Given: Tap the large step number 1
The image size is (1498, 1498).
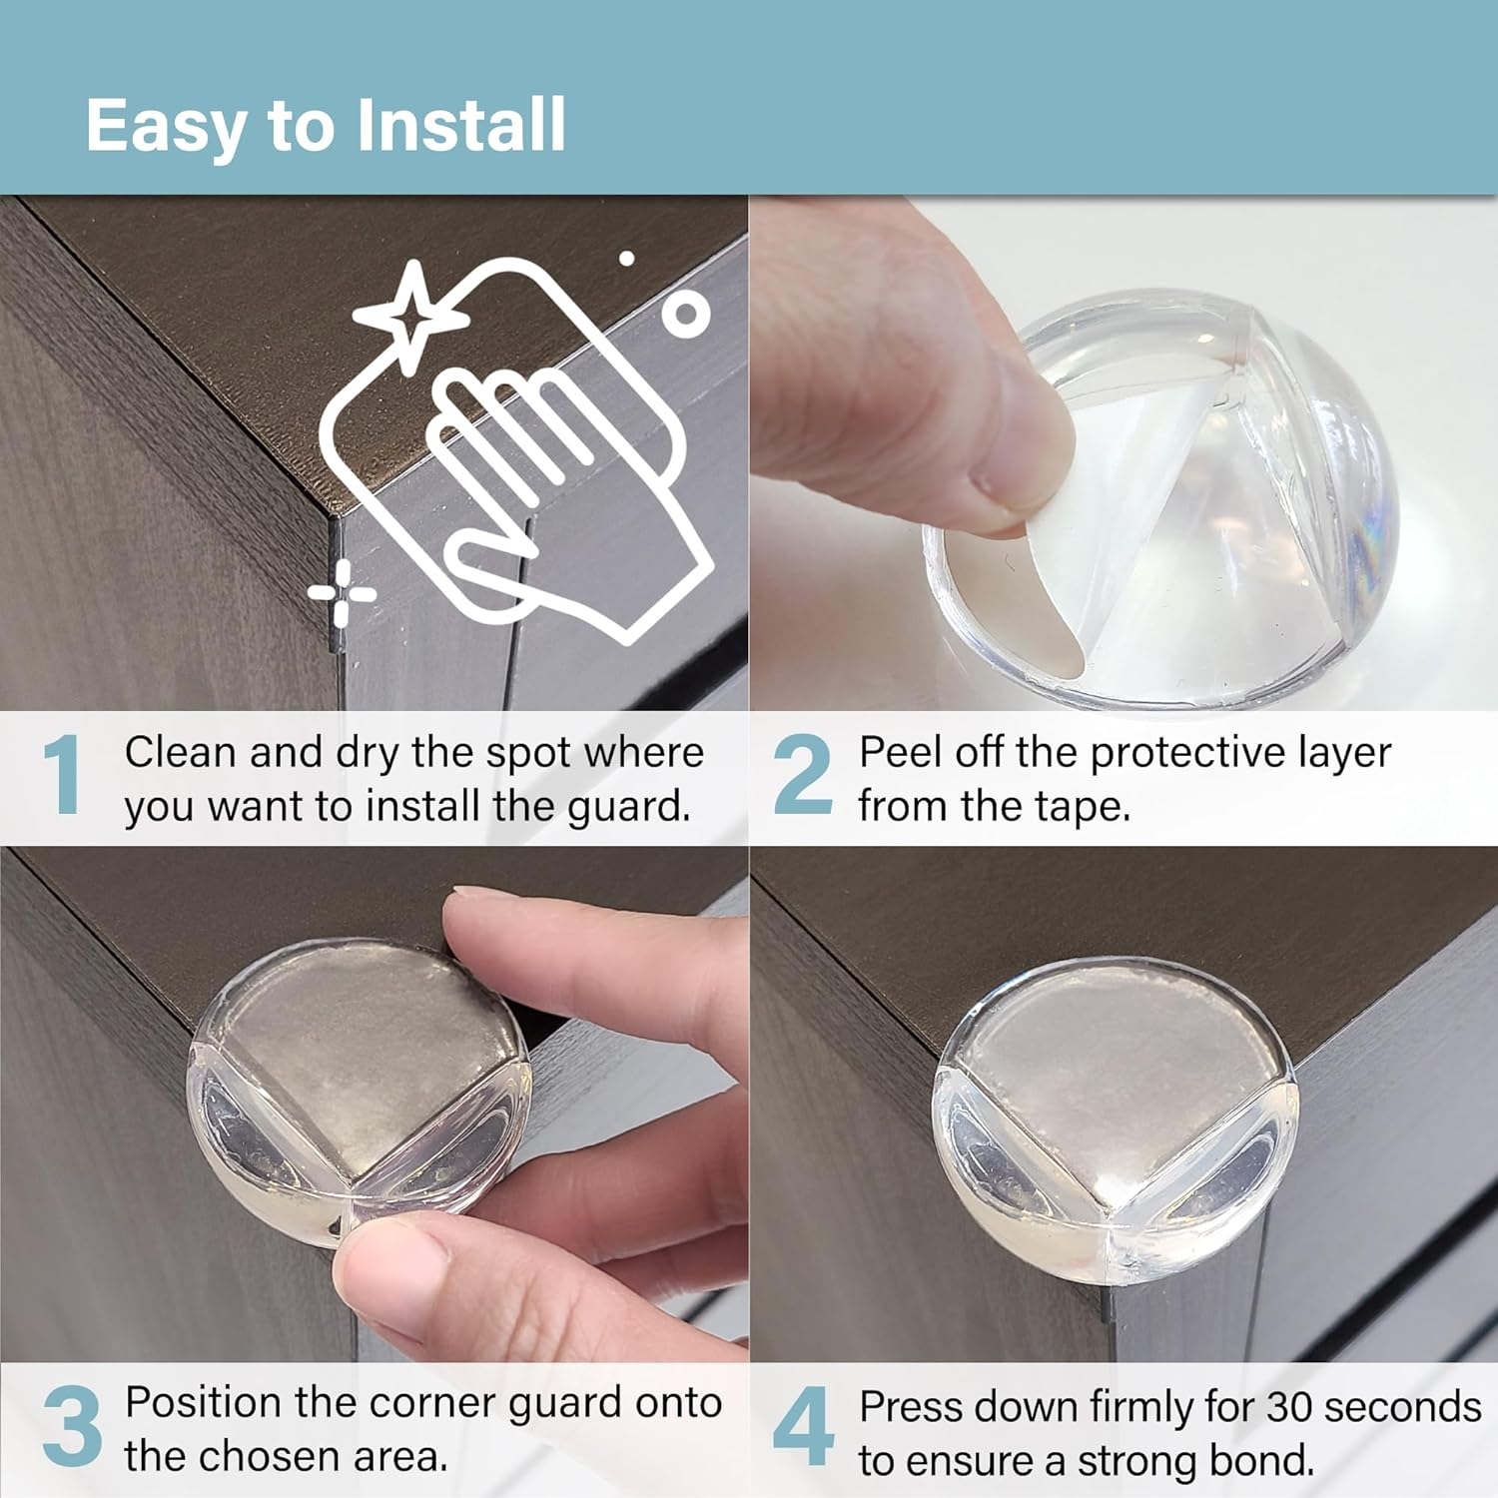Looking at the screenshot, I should (x=62, y=775).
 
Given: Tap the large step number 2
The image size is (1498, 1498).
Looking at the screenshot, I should (x=802, y=775).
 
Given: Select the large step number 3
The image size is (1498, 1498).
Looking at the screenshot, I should (x=72, y=1426).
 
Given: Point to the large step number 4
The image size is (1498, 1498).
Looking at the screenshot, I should (x=803, y=1426).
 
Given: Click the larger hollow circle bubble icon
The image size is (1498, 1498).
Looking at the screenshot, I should (x=685, y=314).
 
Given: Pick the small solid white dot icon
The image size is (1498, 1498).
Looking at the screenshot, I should (x=627, y=259).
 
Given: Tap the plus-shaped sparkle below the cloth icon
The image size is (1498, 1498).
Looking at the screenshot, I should (x=342, y=594).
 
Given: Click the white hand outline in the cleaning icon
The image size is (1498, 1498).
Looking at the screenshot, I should (x=559, y=499).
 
